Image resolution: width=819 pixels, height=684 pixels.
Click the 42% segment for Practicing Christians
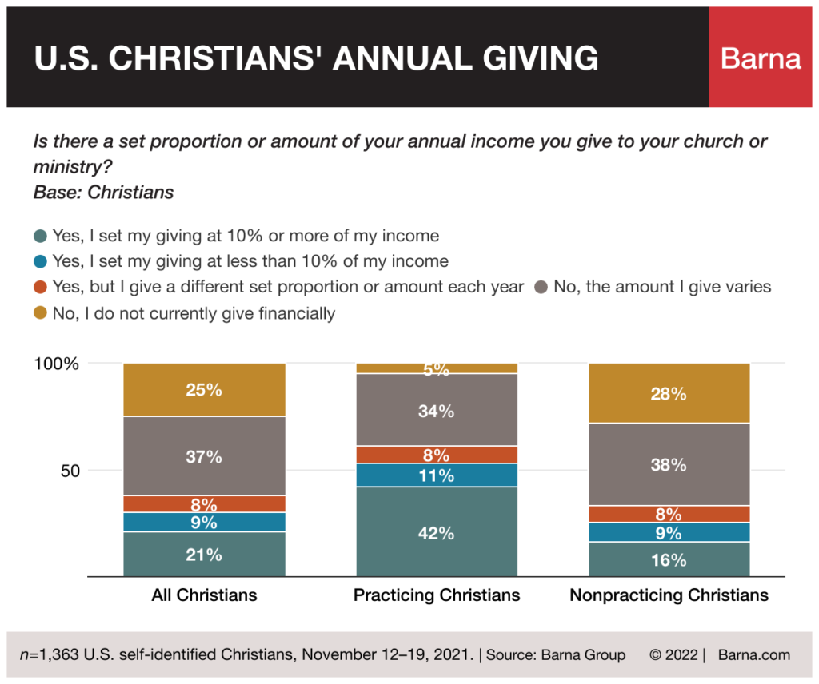point(437,532)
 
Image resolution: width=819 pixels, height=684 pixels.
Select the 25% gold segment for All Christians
point(204,390)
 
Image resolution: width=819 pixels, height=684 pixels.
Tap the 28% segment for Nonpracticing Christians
point(669,393)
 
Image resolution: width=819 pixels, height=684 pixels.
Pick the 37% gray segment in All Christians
point(204,456)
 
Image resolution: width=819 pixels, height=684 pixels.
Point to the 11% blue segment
point(437,475)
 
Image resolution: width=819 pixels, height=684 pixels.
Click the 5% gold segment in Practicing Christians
point(437,368)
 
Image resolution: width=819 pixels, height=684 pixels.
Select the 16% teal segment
point(669,559)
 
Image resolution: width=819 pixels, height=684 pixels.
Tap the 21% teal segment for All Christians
point(204,554)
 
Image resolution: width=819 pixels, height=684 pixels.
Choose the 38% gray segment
point(669,464)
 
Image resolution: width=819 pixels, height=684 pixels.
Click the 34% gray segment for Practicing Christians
point(437,411)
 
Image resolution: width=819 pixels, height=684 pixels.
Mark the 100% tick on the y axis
point(57,364)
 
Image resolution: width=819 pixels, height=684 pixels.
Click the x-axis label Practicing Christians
point(437,595)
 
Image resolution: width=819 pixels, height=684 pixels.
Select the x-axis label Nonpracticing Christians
point(669,595)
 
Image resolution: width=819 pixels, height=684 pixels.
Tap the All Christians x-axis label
point(204,595)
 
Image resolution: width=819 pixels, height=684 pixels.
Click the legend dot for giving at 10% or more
point(41,236)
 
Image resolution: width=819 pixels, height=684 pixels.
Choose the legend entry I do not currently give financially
point(193,313)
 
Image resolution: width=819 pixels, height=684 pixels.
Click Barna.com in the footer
point(753,654)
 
